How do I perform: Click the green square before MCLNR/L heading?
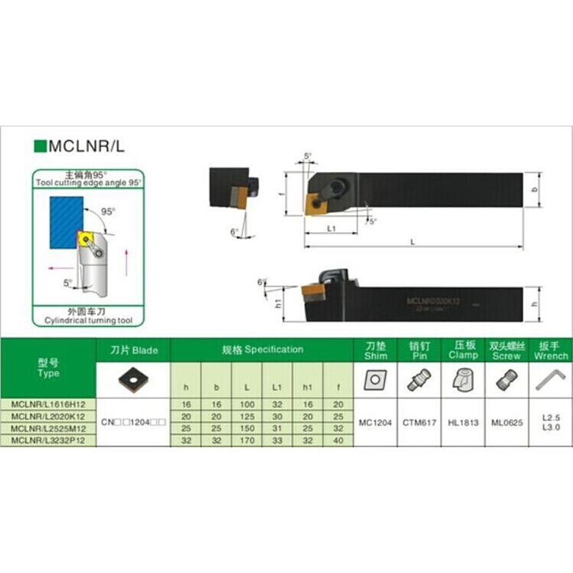[x=40, y=146]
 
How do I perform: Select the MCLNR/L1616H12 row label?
[x=48, y=403]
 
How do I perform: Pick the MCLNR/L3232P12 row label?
[x=48, y=439]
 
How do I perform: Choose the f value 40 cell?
[x=338, y=439]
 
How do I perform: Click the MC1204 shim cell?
[x=375, y=422]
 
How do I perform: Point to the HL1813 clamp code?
[x=463, y=422]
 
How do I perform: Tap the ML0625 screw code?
[x=506, y=422]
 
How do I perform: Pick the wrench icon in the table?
[x=550, y=381]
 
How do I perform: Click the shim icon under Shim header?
[x=375, y=380]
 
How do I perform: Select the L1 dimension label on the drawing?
[x=331, y=228]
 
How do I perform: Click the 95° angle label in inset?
[x=108, y=211]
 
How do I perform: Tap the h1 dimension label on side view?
[x=278, y=303]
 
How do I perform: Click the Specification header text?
[x=262, y=350]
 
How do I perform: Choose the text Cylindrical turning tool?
[x=87, y=321]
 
